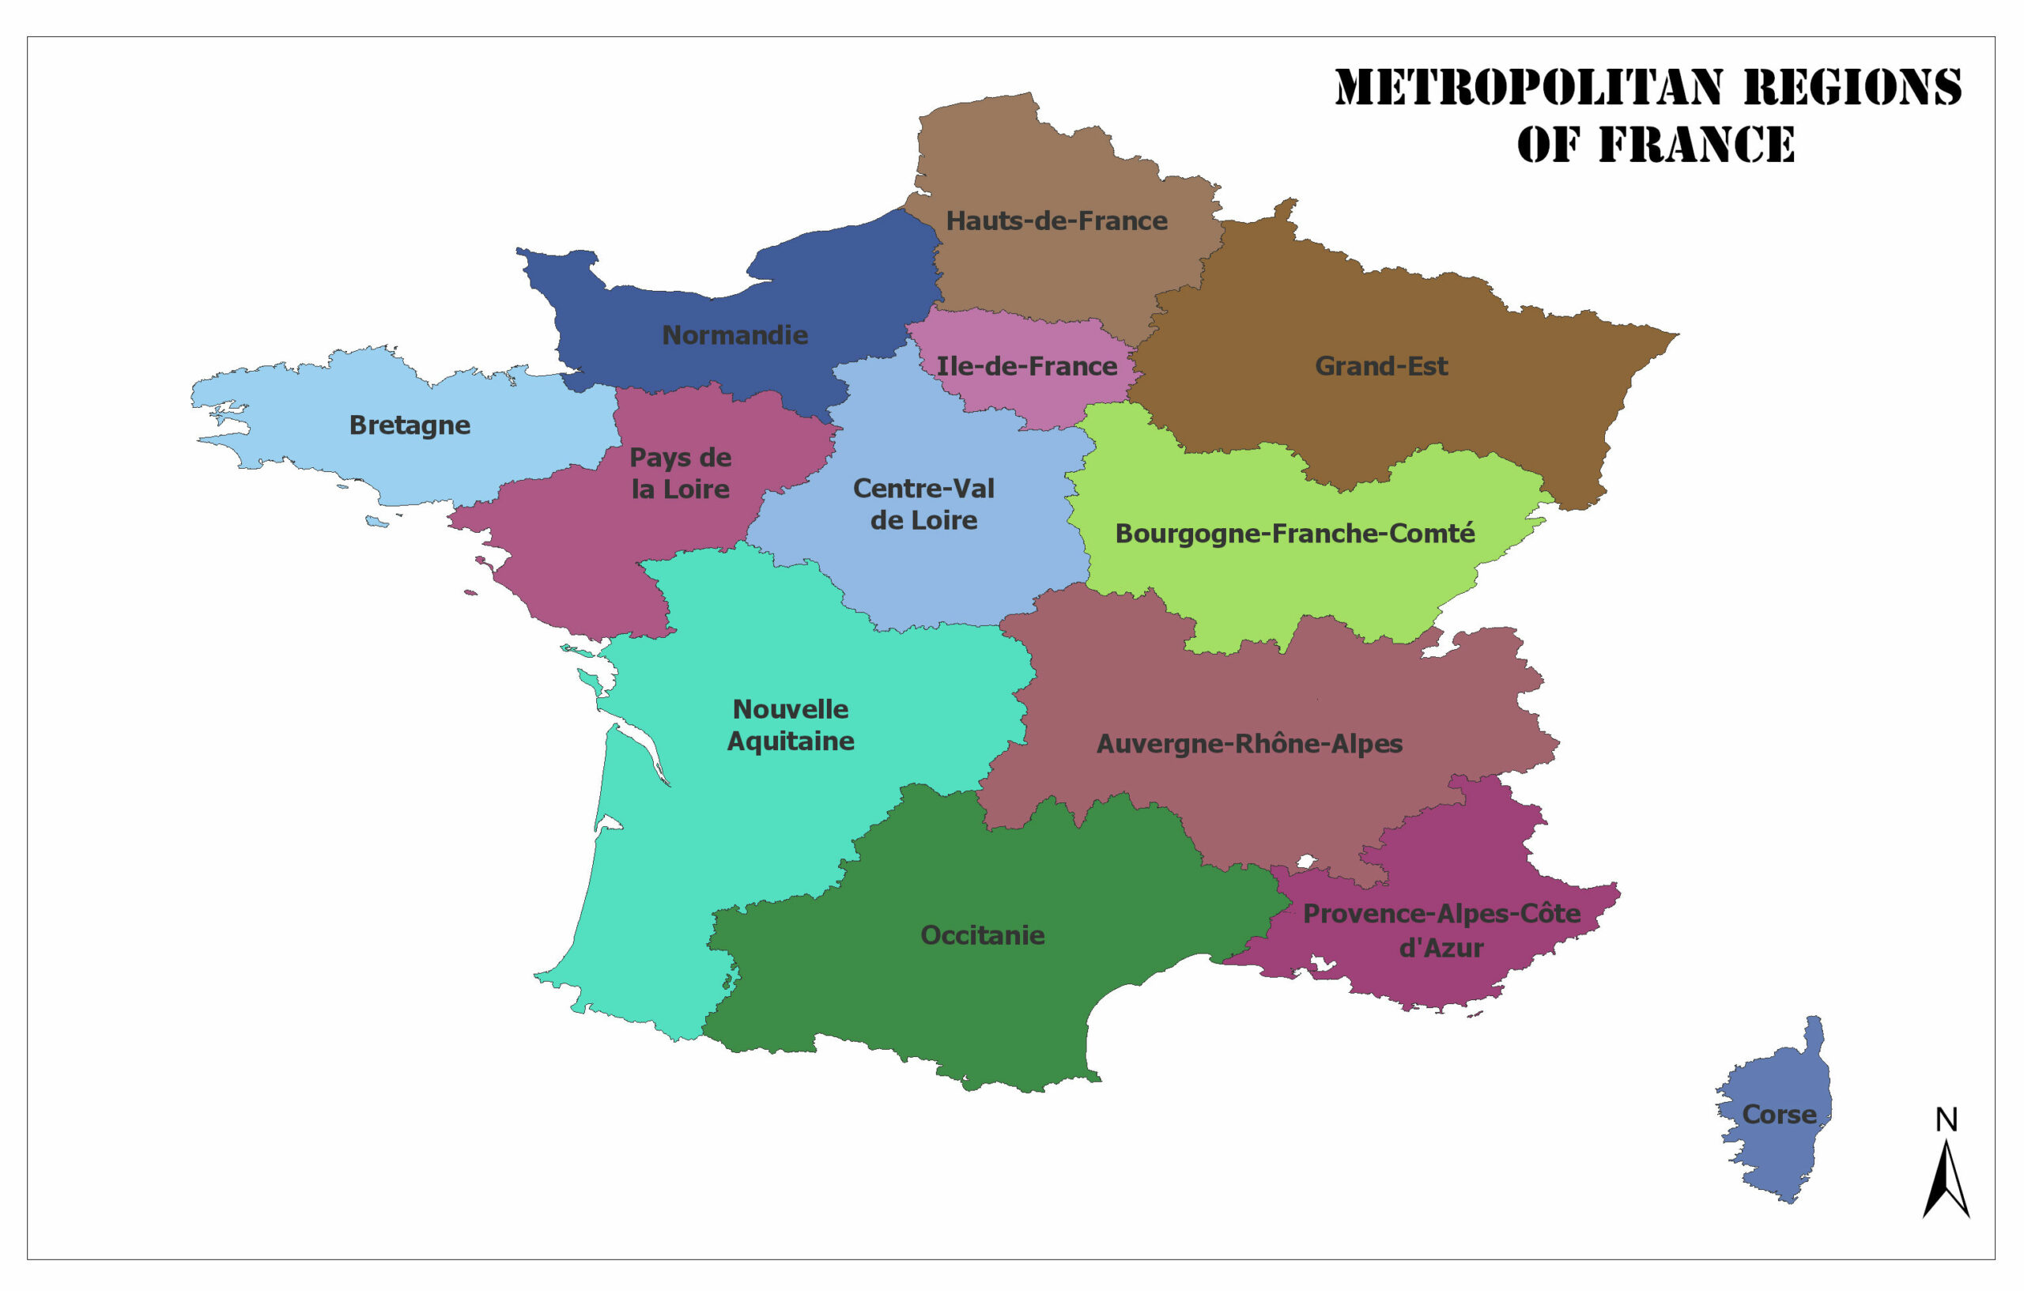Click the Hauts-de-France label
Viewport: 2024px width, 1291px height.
pos(1056,221)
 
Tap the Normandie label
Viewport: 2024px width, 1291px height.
pos(734,335)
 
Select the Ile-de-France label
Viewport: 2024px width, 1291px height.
pos(1026,367)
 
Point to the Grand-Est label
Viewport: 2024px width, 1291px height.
pos(1381,367)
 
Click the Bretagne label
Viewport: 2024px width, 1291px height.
pos(410,425)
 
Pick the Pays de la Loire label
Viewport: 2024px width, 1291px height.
pos(680,474)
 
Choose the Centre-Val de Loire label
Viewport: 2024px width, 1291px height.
pos(923,504)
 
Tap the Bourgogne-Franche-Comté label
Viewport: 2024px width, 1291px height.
pos(1294,534)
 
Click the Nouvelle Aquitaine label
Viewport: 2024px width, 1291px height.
pos(790,724)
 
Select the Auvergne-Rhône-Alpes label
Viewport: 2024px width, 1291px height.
pos(1249,744)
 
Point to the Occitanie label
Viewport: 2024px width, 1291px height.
pos(982,935)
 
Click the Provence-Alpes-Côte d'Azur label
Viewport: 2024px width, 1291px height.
pos(1441,931)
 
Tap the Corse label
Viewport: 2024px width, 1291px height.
pos(1779,1115)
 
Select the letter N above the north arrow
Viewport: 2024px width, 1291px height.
pos(1946,1119)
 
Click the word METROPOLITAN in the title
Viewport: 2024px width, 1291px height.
pos(1529,88)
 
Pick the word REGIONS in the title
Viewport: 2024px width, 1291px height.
pos(1852,88)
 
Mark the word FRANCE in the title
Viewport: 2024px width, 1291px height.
pos(1696,145)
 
